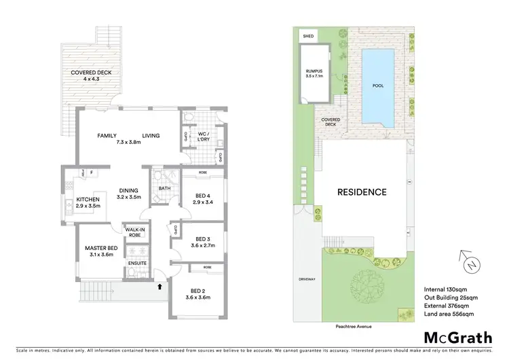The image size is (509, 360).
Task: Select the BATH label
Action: click(164, 189)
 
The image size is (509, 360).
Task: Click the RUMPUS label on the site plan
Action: click(313, 69)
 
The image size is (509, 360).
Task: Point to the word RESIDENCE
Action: click(362, 192)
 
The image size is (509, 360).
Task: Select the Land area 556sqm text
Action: click(449, 314)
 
